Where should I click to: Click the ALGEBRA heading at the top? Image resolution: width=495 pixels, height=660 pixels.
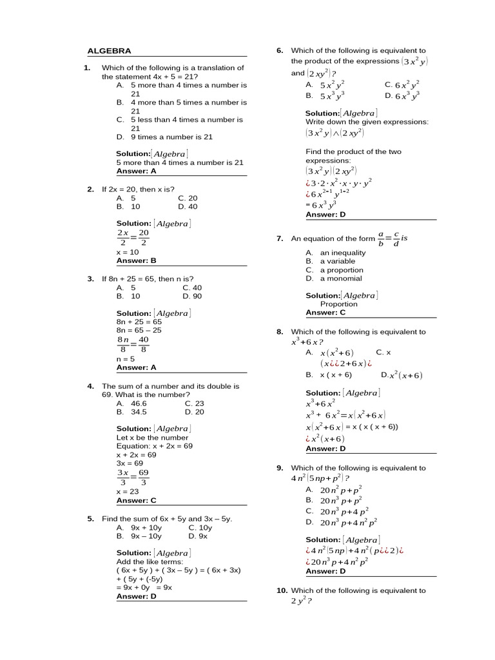tap(109, 51)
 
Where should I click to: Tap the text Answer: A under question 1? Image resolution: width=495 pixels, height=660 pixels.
tap(136, 171)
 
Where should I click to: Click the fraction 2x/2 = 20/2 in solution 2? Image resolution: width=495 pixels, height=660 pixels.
tap(133, 237)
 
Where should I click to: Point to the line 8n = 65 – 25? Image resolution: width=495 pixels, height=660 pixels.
tap(139, 330)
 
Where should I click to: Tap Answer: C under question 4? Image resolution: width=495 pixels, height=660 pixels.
tap(136, 500)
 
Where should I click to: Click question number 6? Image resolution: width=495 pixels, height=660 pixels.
tap(280, 51)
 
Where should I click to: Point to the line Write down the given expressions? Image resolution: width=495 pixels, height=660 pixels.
tap(367, 122)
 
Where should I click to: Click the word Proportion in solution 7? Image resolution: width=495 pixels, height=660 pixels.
tap(338, 304)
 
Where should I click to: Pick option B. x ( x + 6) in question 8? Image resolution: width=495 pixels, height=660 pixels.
tap(329, 374)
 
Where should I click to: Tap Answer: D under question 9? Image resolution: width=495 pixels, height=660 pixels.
tap(325, 571)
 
